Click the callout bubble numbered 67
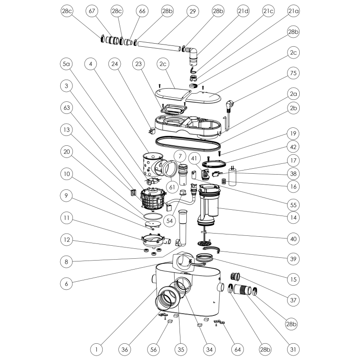pyautogui.click(x=92, y=11)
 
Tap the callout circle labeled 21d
pyautogui.click(x=243, y=11)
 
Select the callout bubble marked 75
pyautogui.click(x=293, y=73)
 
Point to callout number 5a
pyautogui.click(x=66, y=64)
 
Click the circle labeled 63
pyautogui.click(x=66, y=108)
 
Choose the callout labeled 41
pyautogui.click(x=194, y=158)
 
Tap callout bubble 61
pyautogui.click(x=172, y=187)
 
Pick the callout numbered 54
pyautogui.click(x=170, y=220)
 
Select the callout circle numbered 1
pyautogui.click(x=96, y=350)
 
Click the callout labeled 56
pyautogui.click(x=153, y=350)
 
